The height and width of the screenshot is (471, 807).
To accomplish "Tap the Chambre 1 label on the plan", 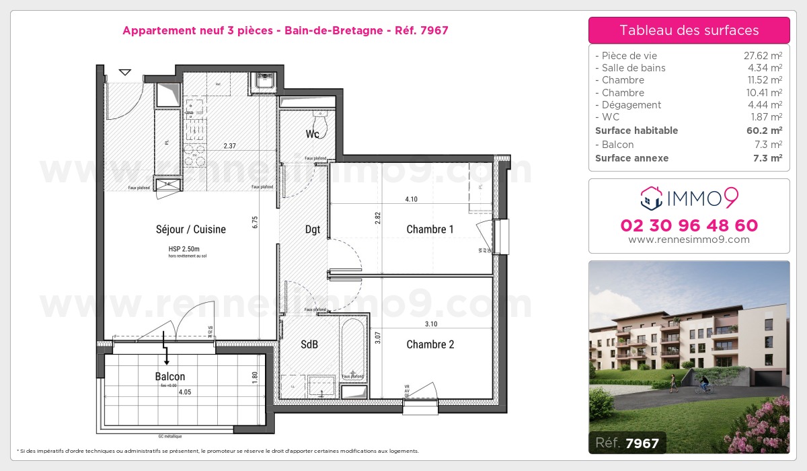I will click(430, 229).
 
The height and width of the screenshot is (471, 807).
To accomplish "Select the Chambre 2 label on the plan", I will click(430, 345).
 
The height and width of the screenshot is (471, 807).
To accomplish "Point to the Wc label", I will click(312, 134).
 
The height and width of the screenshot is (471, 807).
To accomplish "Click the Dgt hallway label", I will click(312, 229).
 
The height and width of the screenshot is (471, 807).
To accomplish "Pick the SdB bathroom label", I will click(309, 345).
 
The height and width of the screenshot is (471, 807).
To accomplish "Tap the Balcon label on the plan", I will click(169, 377).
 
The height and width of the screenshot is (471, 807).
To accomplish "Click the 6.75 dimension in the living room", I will click(256, 222).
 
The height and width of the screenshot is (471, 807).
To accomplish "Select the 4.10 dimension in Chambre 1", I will click(412, 199).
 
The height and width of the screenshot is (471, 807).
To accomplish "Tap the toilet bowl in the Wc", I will click(321, 125).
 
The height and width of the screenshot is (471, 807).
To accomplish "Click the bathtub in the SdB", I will click(352, 350).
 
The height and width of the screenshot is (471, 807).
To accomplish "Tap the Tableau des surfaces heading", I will click(689, 30).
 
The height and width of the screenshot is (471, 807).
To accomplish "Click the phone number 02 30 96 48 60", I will click(689, 225).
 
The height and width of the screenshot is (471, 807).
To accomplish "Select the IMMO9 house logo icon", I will click(650, 198).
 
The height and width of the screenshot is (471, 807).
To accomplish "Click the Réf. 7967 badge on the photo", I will click(627, 443).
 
